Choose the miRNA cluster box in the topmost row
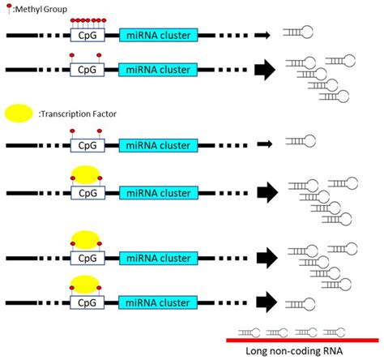pyautogui.click(x=157, y=35)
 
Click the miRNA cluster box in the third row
pyautogui.click(x=157, y=145)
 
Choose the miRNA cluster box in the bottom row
pyautogui.click(x=157, y=303)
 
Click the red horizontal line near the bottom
pyautogui.click(x=301, y=340)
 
